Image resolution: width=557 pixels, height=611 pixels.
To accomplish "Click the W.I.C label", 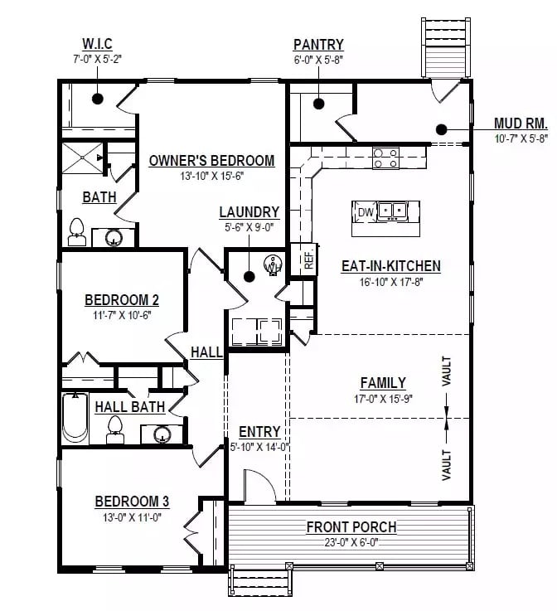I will click(x=97, y=43).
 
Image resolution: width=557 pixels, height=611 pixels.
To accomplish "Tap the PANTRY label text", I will click(x=318, y=44).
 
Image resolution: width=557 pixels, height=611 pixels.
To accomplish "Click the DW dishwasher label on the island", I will click(x=365, y=212).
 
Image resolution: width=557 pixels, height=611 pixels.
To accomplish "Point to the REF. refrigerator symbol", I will click(x=308, y=259).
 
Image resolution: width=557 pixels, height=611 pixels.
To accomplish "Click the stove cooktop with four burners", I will click(x=385, y=158).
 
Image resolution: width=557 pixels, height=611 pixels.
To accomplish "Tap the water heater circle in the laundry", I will click(x=270, y=266).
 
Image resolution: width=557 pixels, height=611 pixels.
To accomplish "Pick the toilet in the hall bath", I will click(x=114, y=429).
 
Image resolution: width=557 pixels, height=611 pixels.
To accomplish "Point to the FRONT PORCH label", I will click(x=351, y=526).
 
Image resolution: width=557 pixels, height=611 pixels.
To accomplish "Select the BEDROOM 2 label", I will click(x=122, y=300).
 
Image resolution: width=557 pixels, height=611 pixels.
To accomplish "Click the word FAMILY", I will click(x=383, y=383).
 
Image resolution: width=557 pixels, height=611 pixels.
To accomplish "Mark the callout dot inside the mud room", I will click(x=441, y=129).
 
